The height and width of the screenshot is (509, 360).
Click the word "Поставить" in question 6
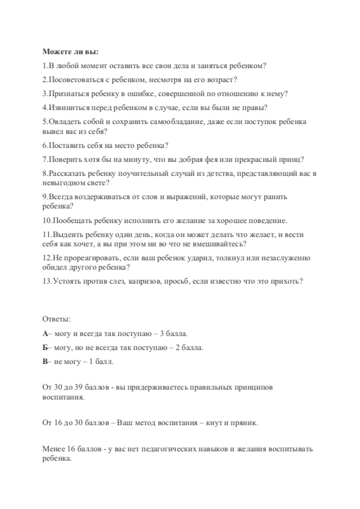pyautogui.click(x=64, y=146)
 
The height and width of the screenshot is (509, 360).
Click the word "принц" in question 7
pyautogui.click(x=292, y=160)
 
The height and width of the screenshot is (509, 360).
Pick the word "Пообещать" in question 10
pyautogui.click(x=70, y=221)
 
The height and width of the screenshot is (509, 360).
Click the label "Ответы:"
pyautogui.click(x=57, y=319)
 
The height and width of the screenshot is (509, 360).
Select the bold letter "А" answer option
pyautogui.click(x=45, y=333)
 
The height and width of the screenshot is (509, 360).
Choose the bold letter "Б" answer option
pyautogui.click(x=45, y=347)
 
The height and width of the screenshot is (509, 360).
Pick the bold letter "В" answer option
pyautogui.click(x=45, y=362)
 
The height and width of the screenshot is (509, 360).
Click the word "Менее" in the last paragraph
pyautogui.click(x=53, y=449)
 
